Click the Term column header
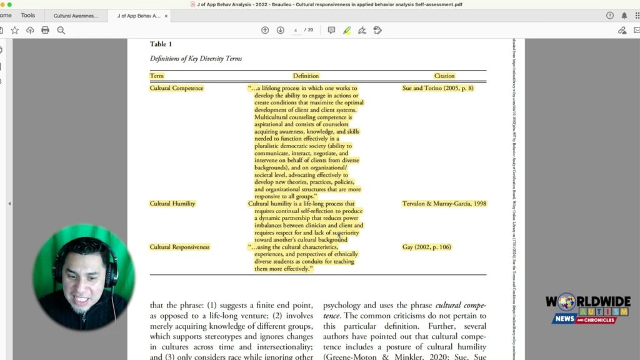pos(157,76)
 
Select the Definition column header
pos(306,76)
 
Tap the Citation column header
pos(444,76)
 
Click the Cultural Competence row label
pos(176,88)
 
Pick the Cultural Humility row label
pos(172,204)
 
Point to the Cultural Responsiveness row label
pos(179,247)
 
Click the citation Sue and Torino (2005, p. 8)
pos(437,88)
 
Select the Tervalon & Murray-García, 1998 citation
pos(444,204)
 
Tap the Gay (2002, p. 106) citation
pos(426,247)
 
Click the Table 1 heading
pos(161,44)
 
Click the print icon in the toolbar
pos(45,30)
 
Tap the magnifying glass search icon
pos(61,30)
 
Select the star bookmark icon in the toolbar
pos(14,30)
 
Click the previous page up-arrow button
pos(265,30)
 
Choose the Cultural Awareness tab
pos(76,16)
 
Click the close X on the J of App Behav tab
pos(166,16)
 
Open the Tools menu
pos(28,15)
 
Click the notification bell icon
pos(624,16)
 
